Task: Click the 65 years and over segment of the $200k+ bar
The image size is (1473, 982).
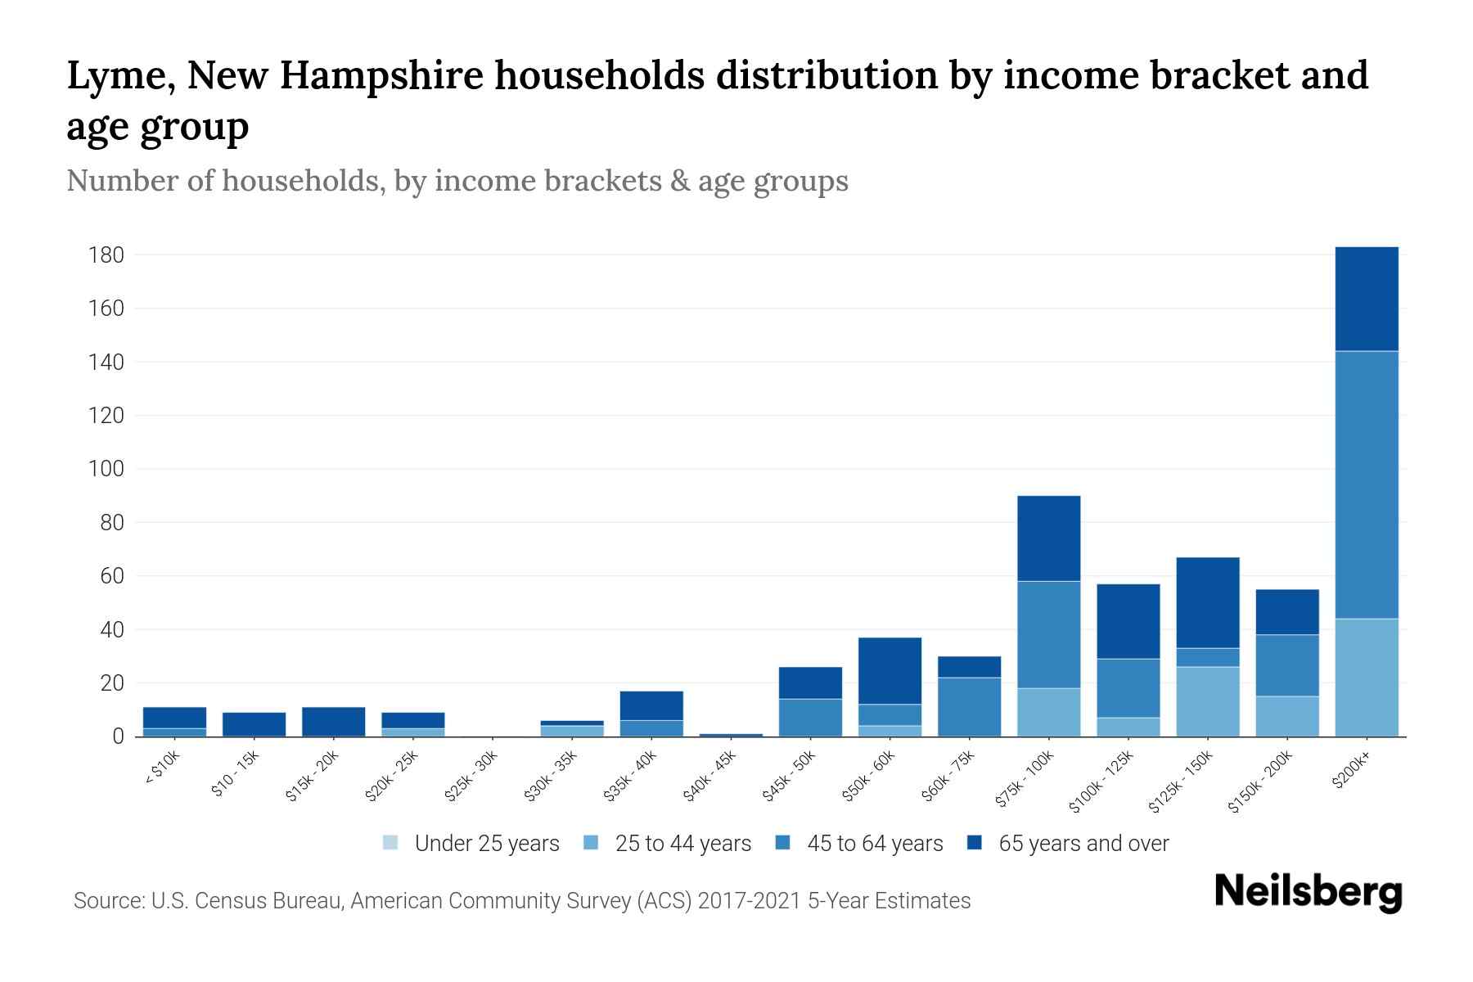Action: pyautogui.click(x=1366, y=299)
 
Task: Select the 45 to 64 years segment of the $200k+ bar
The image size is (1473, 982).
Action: pyautogui.click(x=1366, y=484)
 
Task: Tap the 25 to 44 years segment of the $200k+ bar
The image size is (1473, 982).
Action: pyautogui.click(x=1366, y=677)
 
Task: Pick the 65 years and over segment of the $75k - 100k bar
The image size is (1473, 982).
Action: pyautogui.click(x=1048, y=538)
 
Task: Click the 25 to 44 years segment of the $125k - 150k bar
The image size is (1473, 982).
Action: pyautogui.click(x=1207, y=701)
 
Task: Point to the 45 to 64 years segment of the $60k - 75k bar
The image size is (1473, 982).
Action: pyautogui.click(x=969, y=706)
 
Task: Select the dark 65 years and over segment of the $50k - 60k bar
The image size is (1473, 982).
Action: pyautogui.click(x=890, y=670)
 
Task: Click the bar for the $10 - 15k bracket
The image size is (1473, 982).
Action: pyautogui.click(x=254, y=724)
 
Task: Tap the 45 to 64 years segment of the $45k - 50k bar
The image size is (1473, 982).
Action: pyautogui.click(x=810, y=717)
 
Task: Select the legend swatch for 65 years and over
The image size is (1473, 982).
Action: pyautogui.click(x=975, y=842)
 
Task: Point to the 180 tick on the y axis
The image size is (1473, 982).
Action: pyautogui.click(x=106, y=255)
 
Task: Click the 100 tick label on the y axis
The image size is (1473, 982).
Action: pyautogui.click(x=106, y=469)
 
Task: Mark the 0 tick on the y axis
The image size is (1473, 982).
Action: pyautogui.click(x=118, y=736)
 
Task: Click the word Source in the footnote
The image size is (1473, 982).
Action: pyautogui.click(x=108, y=901)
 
